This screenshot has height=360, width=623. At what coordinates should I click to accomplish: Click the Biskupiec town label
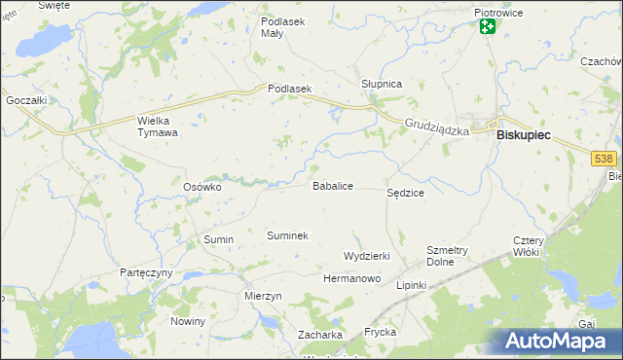[x=523, y=137]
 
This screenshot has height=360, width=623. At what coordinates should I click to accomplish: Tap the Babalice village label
[x=332, y=185]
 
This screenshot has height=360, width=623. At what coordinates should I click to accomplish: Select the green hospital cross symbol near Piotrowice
[x=487, y=28]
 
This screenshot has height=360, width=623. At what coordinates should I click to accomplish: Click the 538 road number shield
[x=605, y=159]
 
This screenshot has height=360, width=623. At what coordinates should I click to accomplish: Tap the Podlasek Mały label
[x=284, y=26]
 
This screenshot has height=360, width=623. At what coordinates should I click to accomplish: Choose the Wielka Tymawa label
[x=158, y=126]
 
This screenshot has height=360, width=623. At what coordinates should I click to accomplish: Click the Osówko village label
[x=203, y=187]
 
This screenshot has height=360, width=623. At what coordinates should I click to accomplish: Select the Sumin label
[x=218, y=238]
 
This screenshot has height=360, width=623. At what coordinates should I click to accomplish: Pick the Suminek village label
[x=287, y=235]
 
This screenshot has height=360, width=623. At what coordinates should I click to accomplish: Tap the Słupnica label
[x=382, y=85]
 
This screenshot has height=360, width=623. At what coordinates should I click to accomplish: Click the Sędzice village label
[x=406, y=194]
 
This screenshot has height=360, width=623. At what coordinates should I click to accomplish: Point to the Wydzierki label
[x=367, y=256]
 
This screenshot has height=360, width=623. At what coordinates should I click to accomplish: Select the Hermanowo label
[x=351, y=278]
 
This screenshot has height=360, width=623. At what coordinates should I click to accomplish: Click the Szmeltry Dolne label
[x=448, y=256]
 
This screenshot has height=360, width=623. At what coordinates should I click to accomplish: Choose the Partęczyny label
[x=146, y=272]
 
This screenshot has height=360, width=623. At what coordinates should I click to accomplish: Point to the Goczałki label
[x=26, y=100]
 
